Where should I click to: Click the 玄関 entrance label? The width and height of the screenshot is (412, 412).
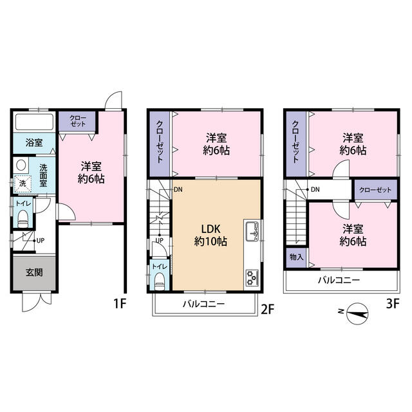click(34, 272)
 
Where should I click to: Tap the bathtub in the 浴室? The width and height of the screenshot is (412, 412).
click(34, 122)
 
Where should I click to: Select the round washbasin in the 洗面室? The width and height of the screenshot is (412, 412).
click(21, 165)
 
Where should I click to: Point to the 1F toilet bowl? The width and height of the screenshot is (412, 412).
click(23, 219)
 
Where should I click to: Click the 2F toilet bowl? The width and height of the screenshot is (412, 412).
click(160, 281)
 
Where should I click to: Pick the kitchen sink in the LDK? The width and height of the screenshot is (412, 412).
click(252, 231)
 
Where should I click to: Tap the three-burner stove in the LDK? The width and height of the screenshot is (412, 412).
click(252, 278)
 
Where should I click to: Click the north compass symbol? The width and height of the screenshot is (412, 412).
click(357, 314)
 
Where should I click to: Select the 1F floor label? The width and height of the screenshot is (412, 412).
click(120, 304)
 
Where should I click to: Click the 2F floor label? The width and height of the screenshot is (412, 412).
click(268, 309)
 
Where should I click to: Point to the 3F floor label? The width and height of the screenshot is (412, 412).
click(393, 304)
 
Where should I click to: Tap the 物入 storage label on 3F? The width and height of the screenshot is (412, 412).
click(296, 257)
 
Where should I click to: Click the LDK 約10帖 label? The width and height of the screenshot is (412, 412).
click(211, 235)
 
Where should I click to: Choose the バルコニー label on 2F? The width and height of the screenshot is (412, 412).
click(203, 304)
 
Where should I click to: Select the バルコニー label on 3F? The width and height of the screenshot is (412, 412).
click(339, 280)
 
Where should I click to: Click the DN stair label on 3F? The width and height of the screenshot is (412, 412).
click(315, 189)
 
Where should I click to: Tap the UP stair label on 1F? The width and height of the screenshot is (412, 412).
click(41, 240)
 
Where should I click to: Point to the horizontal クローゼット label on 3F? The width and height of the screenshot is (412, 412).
click(375, 190)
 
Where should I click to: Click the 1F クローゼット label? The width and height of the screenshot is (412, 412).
click(78, 121)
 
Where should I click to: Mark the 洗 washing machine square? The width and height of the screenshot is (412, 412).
click(23, 183)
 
